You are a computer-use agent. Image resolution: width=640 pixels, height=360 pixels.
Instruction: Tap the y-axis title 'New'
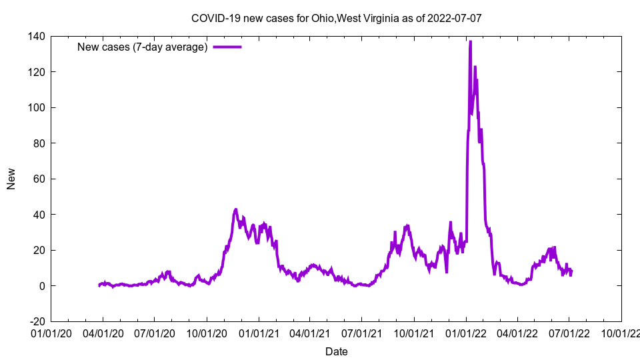pyautogui.click(x=11, y=179)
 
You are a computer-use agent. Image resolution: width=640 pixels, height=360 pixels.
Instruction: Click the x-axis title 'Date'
pyautogui.click(x=336, y=351)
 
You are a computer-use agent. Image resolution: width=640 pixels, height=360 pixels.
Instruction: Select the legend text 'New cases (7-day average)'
pyautogui.click(x=143, y=47)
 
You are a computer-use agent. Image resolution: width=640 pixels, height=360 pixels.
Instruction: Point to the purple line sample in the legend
pyautogui.click(x=227, y=47)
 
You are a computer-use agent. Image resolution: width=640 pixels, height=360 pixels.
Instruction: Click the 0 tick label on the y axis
pyautogui.click(x=41, y=286)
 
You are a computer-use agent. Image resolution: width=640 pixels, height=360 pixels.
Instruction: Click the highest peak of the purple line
pyautogui.click(x=470, y=42)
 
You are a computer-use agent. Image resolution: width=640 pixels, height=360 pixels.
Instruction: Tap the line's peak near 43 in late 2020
pyautogui.click(x=236, y=209)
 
